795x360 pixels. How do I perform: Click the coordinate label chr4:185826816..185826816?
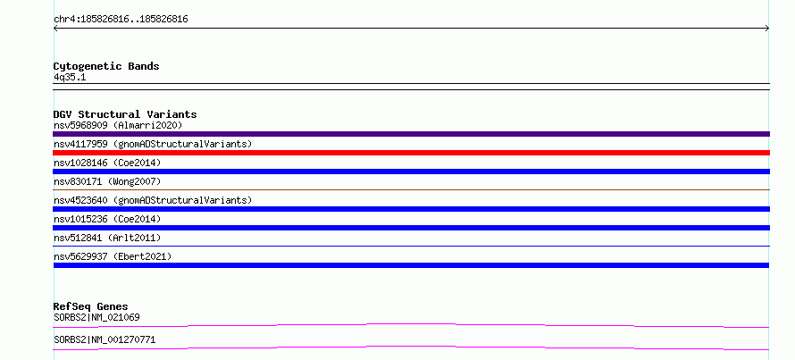[121, 20]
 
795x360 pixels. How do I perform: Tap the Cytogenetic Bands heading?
[106, 66]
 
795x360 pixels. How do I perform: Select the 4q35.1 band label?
[70, 77]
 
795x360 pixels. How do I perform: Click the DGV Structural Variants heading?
[125, 114]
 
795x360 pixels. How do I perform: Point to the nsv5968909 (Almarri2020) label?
[118, 125]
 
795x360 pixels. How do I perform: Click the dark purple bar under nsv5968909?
[411, 134]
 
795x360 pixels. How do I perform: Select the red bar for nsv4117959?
[411, 153]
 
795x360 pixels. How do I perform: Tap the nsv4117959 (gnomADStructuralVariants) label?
[153, 144]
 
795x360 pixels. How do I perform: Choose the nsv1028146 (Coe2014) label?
[107, 163]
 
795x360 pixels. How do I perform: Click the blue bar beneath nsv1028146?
[411, 172]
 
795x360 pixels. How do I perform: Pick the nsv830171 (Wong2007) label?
[107, 181]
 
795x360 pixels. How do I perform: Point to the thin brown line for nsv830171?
[411, 189]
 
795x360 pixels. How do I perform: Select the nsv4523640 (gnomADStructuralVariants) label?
[153, 200]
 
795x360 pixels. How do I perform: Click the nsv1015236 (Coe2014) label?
[107, 219]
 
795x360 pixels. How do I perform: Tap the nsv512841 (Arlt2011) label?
[107, 238]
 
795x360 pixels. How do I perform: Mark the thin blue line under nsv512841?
[411, 246]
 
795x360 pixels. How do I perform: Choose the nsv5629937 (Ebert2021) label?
[113, 256]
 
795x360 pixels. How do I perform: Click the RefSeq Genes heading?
[90, 306]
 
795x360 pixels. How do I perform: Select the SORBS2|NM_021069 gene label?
[96, 317]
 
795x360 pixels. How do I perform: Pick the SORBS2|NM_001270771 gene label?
[105, 339]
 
